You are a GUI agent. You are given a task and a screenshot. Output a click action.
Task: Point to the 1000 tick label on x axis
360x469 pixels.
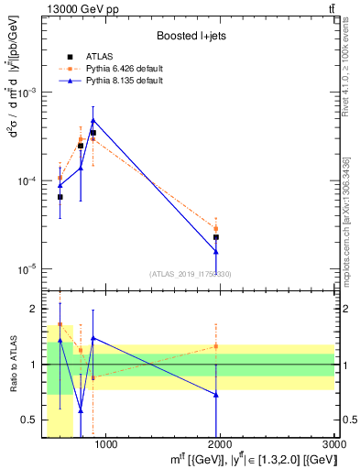[x=105, y=446]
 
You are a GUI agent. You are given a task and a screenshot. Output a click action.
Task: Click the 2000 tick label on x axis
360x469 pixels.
[x=220, y=446]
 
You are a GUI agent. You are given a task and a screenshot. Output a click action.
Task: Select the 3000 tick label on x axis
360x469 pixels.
[x=333, y=446]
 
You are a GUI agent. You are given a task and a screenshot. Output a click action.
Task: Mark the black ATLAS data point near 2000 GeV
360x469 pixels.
[x=216, y=237]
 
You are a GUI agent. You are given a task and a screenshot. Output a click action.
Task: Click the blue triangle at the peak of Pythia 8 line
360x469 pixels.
[x=93, y=120]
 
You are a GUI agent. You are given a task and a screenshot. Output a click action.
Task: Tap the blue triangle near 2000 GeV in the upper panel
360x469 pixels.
[x=216, y=252]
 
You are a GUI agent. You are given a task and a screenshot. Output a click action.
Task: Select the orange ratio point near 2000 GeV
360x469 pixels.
[x=216, y=346]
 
